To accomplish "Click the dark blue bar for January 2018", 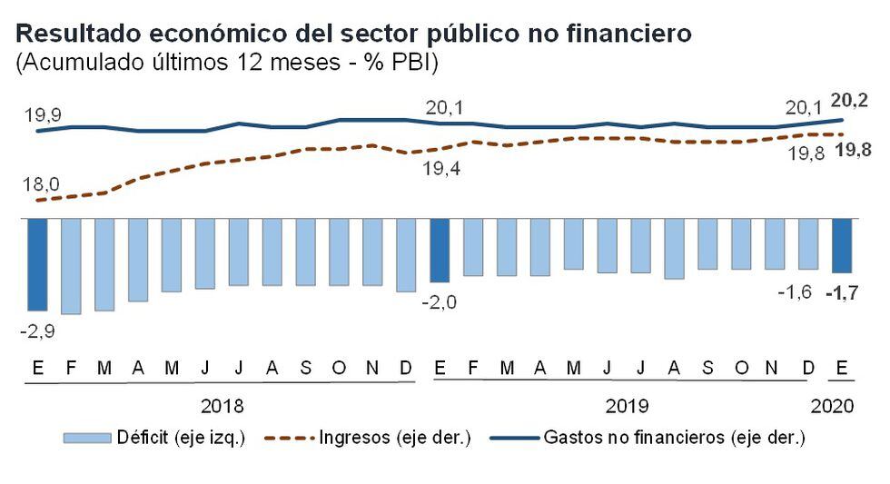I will coord(37,264).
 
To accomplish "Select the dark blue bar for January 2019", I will coord(440,250).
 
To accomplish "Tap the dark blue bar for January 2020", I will coord(842,245).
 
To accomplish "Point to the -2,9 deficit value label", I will coord(37,332).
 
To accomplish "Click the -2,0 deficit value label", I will coord(440,302).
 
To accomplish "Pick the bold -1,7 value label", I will coord(842,292).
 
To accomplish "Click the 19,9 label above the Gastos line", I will coord(42,115).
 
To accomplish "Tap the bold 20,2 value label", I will coord(852,100).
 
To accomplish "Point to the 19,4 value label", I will coord(440,168).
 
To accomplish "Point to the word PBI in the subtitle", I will coord(409,64).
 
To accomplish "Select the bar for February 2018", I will coord(71,266).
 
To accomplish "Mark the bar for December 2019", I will coord(808,243).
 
